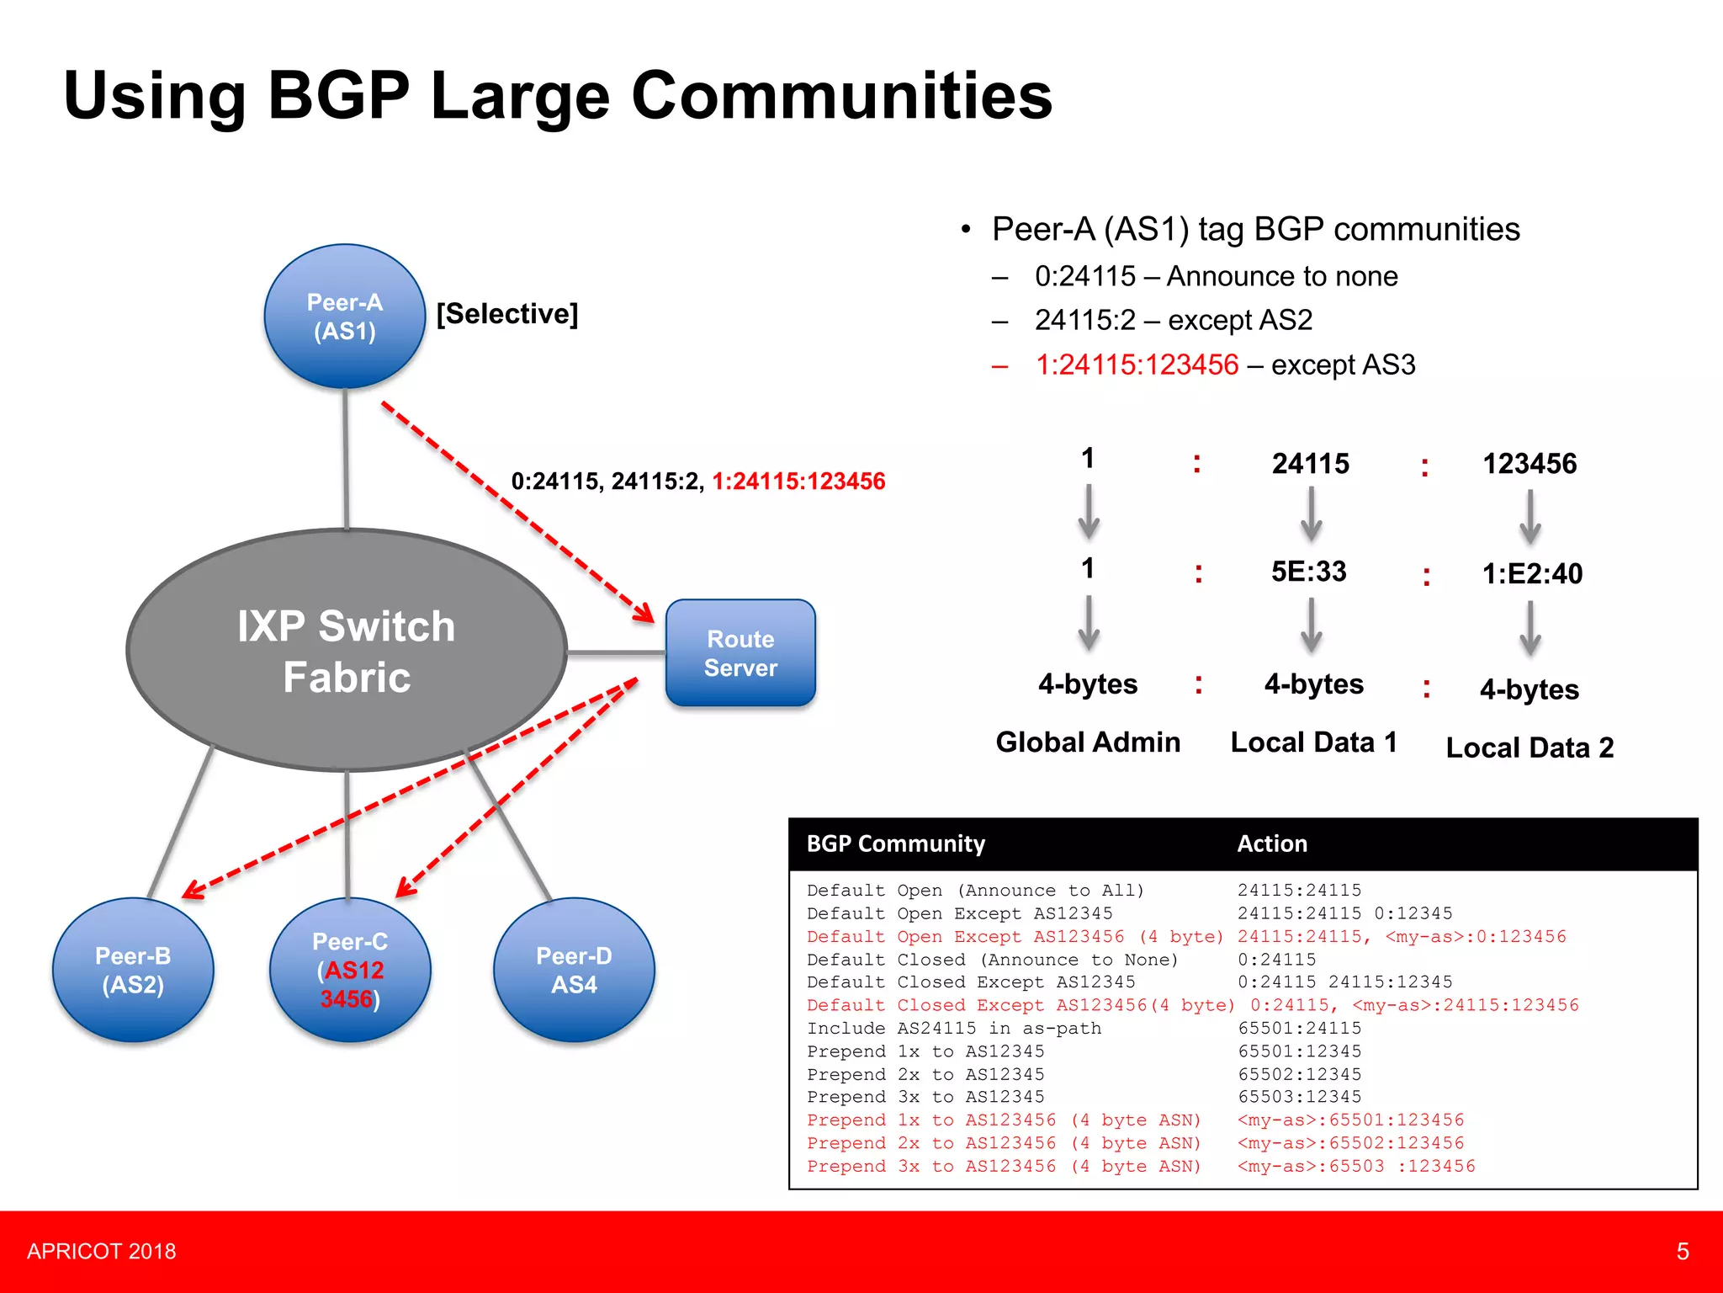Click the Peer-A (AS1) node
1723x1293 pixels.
345,317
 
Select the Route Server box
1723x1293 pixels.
740,653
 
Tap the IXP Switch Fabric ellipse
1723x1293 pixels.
347,651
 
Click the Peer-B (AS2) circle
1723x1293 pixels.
133,970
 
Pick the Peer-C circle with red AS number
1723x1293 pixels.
350,970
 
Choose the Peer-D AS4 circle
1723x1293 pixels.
574,970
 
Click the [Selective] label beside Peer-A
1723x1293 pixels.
507,314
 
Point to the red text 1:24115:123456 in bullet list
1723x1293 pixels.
1137,364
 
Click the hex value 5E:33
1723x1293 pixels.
1308,572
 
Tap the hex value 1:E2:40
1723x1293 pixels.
1531,574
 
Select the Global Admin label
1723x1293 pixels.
1088,742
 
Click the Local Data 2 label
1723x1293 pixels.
1529,748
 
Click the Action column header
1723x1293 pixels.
1272,843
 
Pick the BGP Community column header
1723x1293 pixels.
895,843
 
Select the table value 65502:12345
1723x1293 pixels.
1299,1074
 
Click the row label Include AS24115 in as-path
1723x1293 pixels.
953,1028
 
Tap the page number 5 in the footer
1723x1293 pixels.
1682,1252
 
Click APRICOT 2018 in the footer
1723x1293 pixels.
102,1252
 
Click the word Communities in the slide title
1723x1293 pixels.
841,96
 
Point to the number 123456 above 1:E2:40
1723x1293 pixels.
1529,464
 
